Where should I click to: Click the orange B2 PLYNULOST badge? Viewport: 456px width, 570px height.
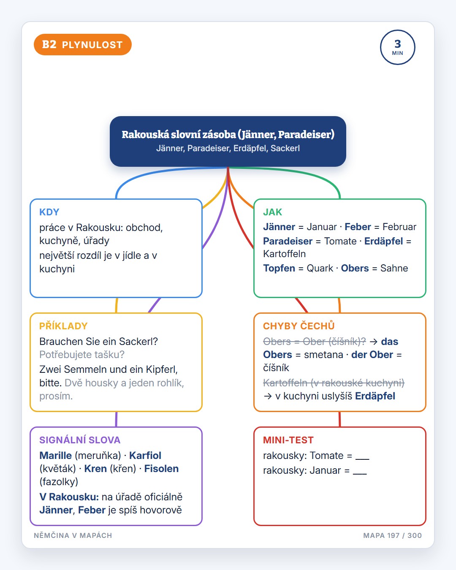[x=83, y=44]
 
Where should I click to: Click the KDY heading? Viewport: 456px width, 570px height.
[x=49, y=212]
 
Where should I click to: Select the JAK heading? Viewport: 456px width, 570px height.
[x=272, y=212]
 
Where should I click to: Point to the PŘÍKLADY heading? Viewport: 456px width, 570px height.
[x=63, y=326]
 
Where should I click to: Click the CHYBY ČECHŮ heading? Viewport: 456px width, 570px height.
[x=299, y=326]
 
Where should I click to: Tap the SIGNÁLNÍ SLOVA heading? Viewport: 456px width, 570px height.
[x=80, y=440]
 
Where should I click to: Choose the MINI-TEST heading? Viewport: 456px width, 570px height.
[x=288, y=440]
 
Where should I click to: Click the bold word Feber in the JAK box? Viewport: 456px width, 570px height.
[x=358, y=227]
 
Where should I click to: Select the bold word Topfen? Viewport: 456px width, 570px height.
[x=279, y=268]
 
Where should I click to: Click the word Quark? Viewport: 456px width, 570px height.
[x=320, y=268]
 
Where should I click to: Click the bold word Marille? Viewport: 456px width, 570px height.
[x=56, y=455]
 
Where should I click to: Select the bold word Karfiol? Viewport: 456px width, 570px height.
[x=145, y=455]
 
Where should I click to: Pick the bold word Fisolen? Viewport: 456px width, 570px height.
[x=161, y=469]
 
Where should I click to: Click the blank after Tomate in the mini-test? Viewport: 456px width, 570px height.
[x=362, y=459]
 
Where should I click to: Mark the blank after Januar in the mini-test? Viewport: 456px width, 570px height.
[x=360, y=474]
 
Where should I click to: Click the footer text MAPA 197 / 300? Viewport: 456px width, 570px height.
[x=392, y=535]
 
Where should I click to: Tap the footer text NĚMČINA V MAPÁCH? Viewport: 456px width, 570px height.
[x=73, y=535]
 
